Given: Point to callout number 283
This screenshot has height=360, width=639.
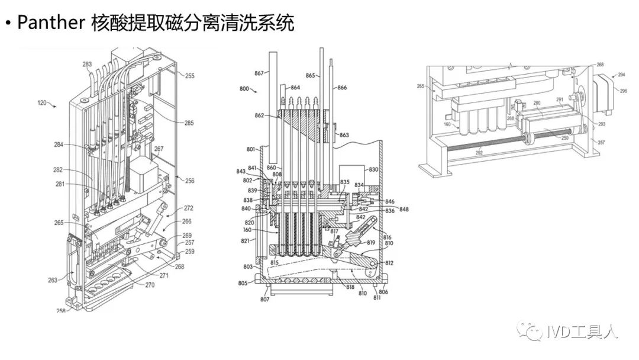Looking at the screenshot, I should (87, 64).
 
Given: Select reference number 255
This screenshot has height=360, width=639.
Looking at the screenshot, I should (189, 76).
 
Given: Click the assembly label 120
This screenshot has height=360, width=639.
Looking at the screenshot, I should (42, 102).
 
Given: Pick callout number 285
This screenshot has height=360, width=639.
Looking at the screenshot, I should (189, 124).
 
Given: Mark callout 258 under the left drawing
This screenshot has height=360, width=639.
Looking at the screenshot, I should (60, 310).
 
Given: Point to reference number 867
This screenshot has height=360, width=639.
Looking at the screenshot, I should (259, 73).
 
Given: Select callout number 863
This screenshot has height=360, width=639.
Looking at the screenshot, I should (344, 135).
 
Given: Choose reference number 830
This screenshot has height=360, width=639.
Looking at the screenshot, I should (373, 169).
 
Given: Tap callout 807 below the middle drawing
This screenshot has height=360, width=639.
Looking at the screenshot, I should (264, 300).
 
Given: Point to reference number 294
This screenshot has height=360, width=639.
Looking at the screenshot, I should (621, 75).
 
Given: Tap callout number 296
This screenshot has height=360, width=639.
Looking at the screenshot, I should (622, 91).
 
